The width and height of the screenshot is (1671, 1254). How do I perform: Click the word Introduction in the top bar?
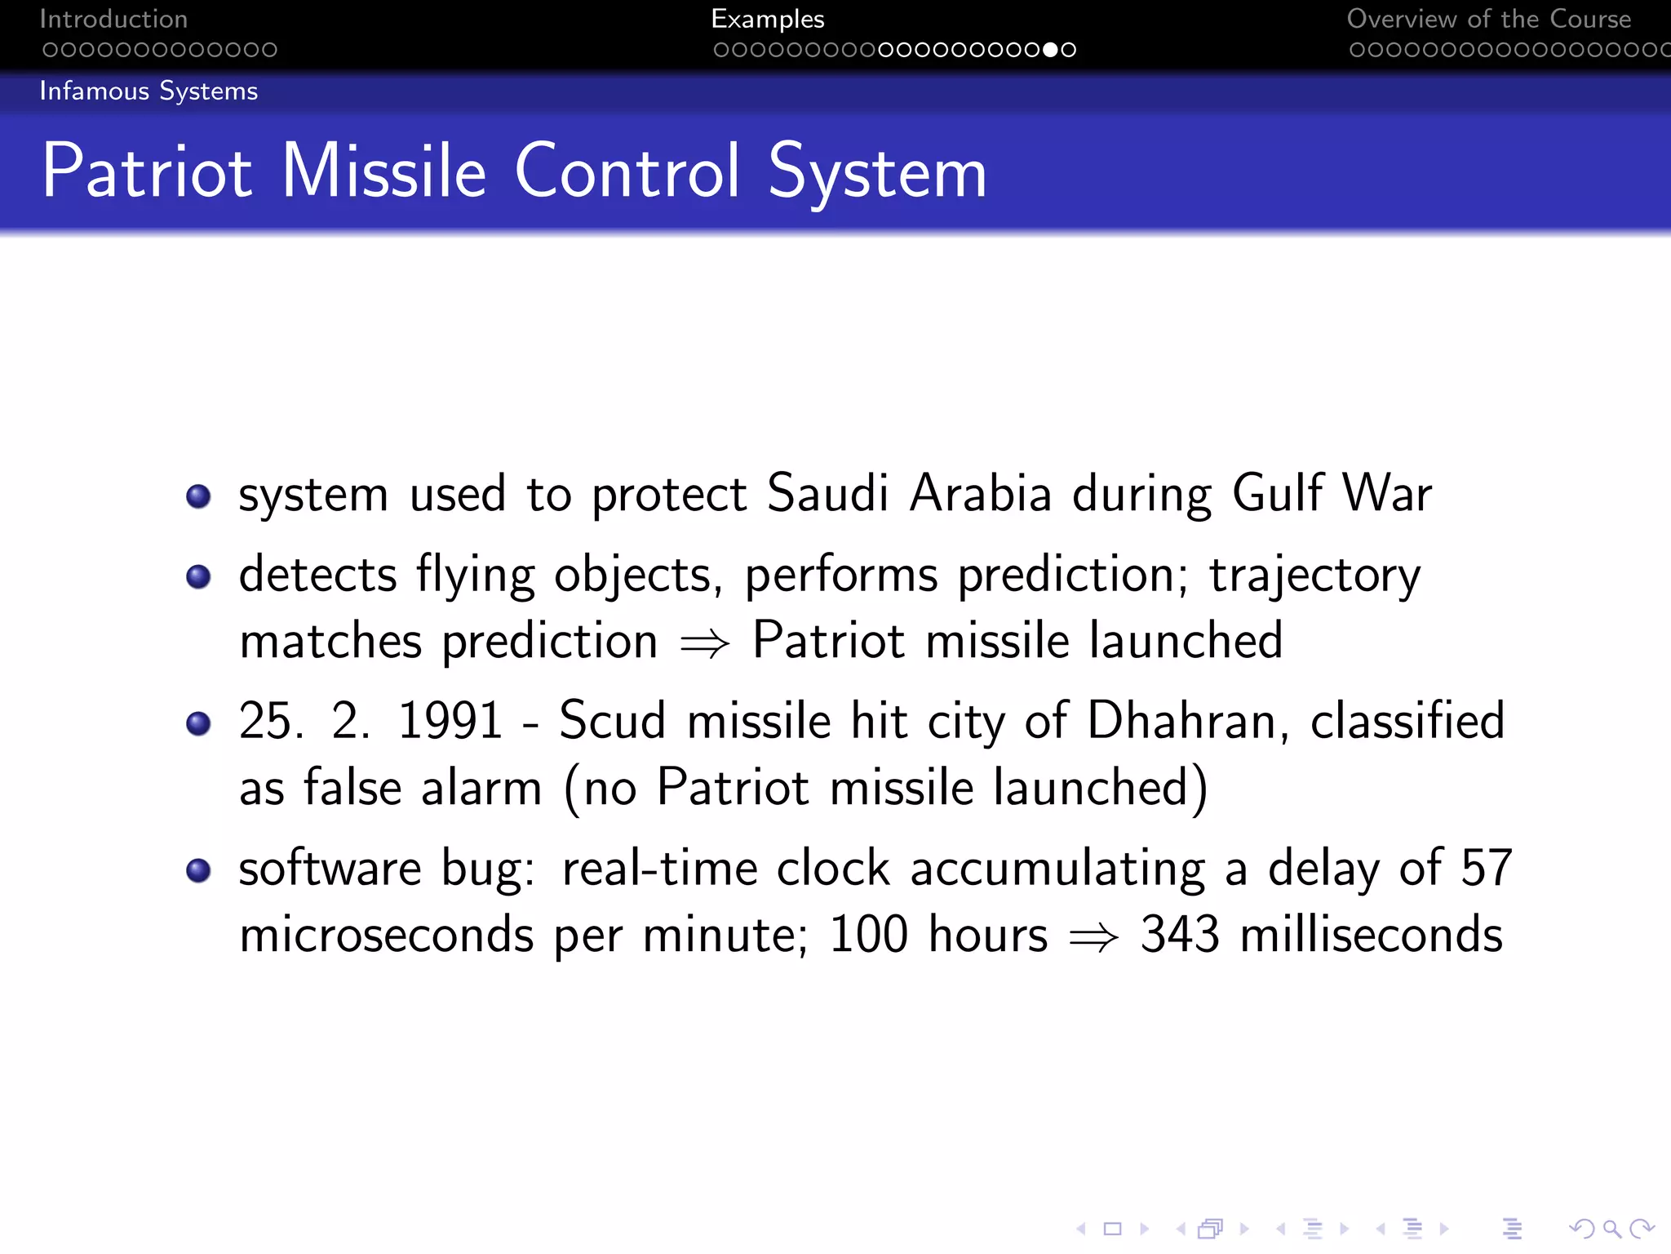coord(113,19)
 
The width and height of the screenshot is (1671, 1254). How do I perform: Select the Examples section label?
coord(767,19)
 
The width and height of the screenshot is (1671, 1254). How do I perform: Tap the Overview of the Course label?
coord(1488,19)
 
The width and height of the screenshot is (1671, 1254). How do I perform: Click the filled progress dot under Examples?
coord(1050,50)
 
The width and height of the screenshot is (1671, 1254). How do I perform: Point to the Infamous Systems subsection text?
coord(148,91)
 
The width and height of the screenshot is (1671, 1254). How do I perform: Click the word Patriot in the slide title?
coord(147,171)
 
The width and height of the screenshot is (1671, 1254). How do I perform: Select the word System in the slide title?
coord(877,171)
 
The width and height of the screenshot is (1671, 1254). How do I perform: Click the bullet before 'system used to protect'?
coord(198,496)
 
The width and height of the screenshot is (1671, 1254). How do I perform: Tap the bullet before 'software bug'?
coord(198,870)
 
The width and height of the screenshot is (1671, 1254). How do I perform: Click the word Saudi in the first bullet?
coord(827,493)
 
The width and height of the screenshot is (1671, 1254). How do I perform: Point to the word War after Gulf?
coord(1387,493)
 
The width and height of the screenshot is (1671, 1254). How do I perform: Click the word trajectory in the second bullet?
coord(1314,576)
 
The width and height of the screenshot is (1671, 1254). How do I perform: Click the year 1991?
coord(450,721)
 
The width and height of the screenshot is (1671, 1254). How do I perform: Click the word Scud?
coord(612,721)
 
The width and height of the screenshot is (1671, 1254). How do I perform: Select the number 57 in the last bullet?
coord(1487,868)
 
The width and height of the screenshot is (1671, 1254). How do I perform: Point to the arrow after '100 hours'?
coord(1093,937)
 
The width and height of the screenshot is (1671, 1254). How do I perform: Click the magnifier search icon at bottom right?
coord(1611,1228)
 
